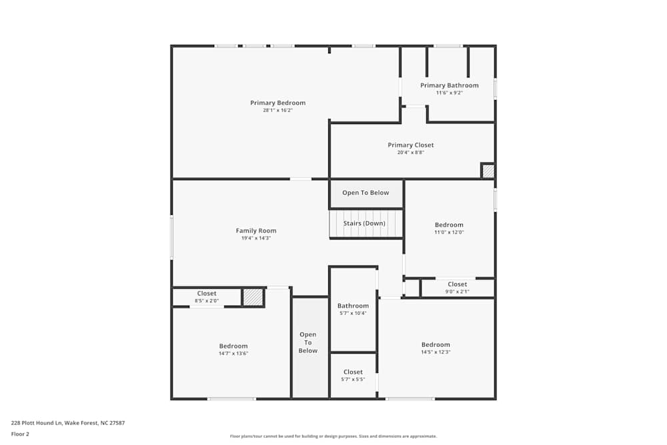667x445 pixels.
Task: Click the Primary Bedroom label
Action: (x=277, y=103)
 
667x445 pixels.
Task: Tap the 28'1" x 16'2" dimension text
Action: (x=277, y=111)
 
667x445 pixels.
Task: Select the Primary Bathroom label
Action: (x=449, y=85)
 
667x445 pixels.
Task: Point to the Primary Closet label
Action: (x=411, y=145)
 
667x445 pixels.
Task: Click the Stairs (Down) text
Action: (x=365, y=224)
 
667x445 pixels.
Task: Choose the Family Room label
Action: (x=255, y=231)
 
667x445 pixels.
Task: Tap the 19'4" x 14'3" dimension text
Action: (x=255, y=238)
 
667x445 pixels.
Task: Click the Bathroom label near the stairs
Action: (x=353, y=306)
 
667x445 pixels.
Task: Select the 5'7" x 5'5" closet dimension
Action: (x=353, y=380)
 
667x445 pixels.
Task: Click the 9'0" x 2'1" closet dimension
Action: (x=458, y=292)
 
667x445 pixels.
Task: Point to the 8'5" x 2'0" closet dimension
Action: (x=207, y=301)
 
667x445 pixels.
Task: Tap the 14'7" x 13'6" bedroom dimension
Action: (x=233, y=354)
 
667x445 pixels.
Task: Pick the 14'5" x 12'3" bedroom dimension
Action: (x=436, y=352)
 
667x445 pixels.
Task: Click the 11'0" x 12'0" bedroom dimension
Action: (x=449, y=232)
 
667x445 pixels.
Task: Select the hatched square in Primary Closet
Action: (x=488, y=171)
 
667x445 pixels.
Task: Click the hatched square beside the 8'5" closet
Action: (x=253, y=298)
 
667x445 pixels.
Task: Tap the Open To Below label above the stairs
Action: (x=366, y=193)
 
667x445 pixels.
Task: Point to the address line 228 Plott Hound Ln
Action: (x=68, y=422)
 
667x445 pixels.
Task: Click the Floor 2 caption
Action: (x=20, y=434)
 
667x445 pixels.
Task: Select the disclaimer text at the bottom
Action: (x=333, y=436)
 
